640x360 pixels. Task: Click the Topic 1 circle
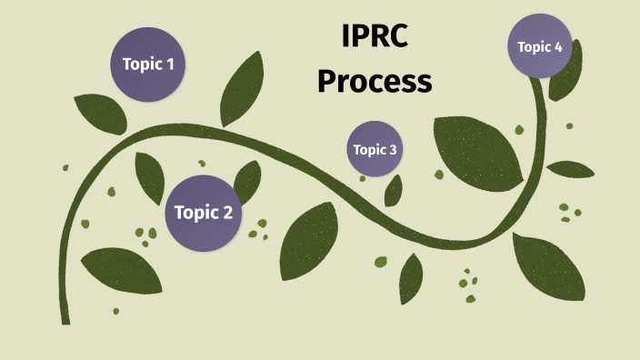point(147,64)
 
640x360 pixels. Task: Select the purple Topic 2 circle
point(203,213)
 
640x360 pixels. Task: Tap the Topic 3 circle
point(375,149)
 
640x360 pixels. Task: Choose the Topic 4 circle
point(540,45)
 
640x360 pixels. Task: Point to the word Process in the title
point(374,82)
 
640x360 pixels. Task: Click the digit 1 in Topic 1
point(170,65)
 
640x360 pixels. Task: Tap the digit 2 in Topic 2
point(227,213)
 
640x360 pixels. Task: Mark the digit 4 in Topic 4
point(558,46)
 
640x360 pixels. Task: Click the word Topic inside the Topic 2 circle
point(194,213)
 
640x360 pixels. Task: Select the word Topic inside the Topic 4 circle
point(534,46)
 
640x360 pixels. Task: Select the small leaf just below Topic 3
point(394,190)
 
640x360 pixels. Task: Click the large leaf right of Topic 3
point(476,149)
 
